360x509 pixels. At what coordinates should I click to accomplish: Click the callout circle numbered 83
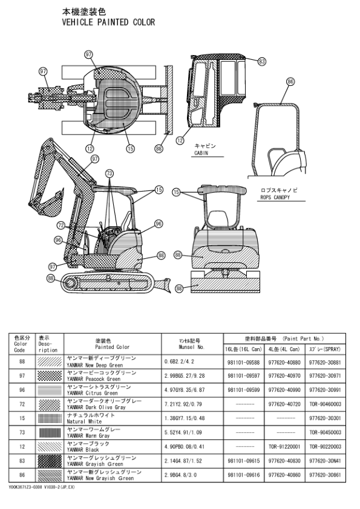tap(262, 61)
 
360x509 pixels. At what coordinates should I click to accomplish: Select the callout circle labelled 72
tap(61, 225)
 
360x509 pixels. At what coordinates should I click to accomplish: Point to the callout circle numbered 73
tap(110, 173)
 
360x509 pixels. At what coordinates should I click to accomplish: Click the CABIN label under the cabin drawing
tap(201, 154)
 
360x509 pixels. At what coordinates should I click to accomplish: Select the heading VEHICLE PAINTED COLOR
tap(109, 22)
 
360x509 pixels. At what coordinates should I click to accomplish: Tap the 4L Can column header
tap(284, 349)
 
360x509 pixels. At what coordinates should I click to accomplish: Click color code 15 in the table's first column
tap(22, 418)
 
